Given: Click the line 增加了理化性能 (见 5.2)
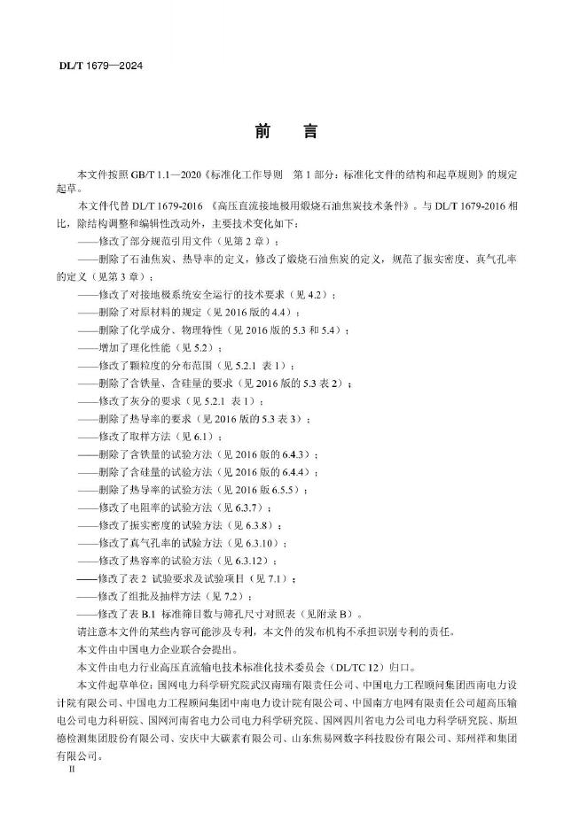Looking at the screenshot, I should coord(150,346).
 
